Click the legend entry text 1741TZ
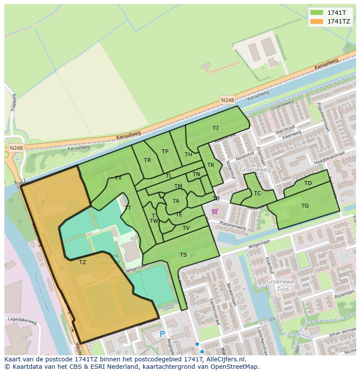(339, 21)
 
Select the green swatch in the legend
(317, 13)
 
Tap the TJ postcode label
(215, 128)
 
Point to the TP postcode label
(165, 152)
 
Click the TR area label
(147, 160)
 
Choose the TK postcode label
(211, 165)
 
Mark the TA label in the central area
(176, 201)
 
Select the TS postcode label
(183, 255)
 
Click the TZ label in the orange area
(83, 262)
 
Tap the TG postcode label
(305, 206)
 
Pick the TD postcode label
(308, 183)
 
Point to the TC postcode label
(257, 193)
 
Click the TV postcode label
(186, 228)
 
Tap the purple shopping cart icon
(214, 212)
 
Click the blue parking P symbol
(162, 334)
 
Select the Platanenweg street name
(232, 226)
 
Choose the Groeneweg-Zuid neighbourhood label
(283, 285)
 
